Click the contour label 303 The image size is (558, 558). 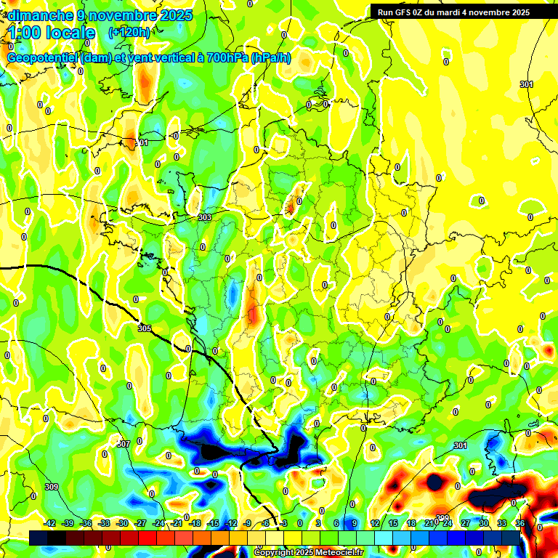click(x=205, y=217)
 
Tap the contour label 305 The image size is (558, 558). click(x=145, y=328)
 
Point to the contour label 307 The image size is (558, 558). click(x=123, y=443)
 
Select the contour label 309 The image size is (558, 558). click(x=51, y=487)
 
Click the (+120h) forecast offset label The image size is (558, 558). click(x=129, y=32)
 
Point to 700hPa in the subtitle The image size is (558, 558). click(x=222, y=58)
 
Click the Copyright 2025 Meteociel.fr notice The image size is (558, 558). click(x=309, y=553)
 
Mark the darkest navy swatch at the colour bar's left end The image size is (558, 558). click(x=39, y=536)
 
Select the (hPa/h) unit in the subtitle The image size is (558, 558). click(x=271, y=58)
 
